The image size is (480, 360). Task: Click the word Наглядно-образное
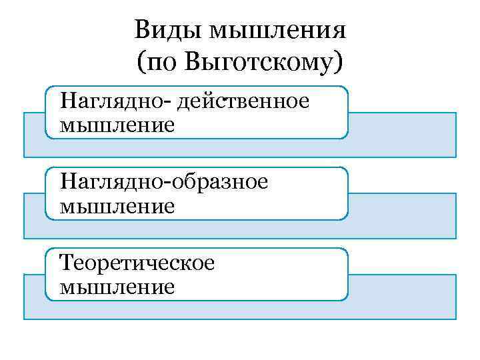(x=163, y=183)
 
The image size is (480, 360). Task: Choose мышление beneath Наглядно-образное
(x=117, y=205)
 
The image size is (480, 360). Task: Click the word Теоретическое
(x=137, y=263)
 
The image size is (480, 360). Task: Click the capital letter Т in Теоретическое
(x=66, y=263)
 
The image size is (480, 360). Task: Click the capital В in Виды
(x=141, y=31)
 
